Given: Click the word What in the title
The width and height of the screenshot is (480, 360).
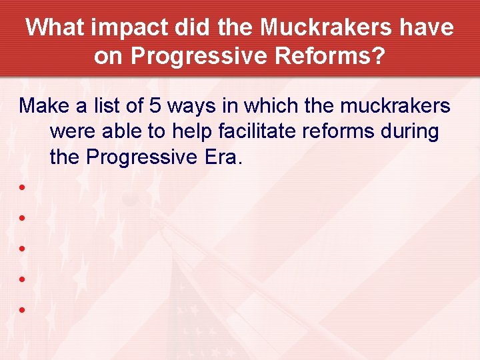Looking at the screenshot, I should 56,28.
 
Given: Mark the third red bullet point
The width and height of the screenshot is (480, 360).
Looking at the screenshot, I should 23,249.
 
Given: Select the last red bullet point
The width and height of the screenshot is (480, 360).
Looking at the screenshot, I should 23,310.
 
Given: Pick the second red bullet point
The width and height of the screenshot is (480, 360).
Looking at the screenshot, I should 23,217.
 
